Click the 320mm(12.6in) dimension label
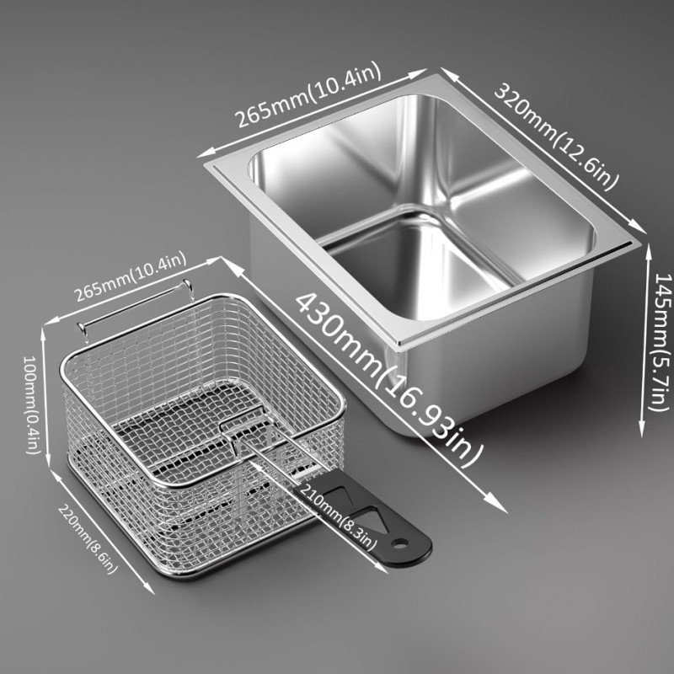557,136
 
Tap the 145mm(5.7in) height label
661,342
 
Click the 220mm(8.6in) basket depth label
88,539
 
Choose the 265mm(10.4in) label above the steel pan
309,94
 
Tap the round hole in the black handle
400,544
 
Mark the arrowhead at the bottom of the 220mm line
148,588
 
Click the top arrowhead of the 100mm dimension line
44,335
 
